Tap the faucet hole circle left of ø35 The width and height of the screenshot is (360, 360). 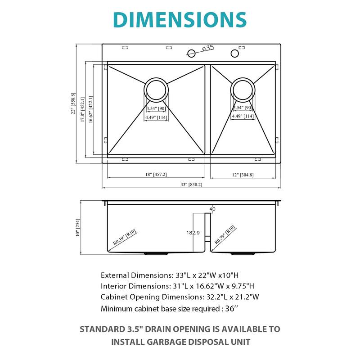(x=191, y=54)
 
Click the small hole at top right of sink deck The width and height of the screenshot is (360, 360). (x=234, y=54)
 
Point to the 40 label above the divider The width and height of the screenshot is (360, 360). (x=212, y=209)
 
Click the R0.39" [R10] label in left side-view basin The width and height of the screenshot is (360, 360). (x=126, y=237)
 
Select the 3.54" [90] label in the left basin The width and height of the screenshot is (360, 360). (x=156, y=108)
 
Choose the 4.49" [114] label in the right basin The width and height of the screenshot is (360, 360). (x=243, y=117)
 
